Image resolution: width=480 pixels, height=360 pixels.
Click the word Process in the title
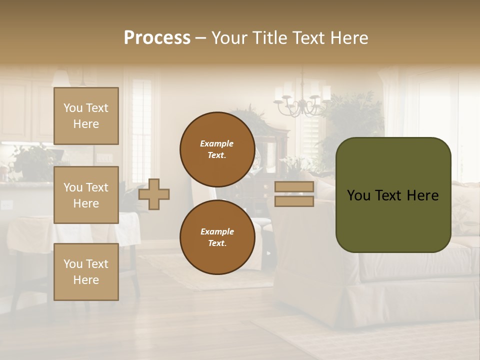coord(157,38)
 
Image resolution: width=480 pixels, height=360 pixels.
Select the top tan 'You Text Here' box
coord(86,116)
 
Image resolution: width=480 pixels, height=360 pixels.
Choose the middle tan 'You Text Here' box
coord(86,195)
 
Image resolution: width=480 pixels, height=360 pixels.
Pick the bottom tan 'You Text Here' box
coord(86,271)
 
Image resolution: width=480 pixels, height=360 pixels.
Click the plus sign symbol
coord(154,194)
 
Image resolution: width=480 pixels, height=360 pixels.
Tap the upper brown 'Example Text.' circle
coord(217,149)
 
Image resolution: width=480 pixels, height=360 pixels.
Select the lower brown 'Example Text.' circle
coord(217,237)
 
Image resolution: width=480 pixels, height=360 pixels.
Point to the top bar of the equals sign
coord(294,187)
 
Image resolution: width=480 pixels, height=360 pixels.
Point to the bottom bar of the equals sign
coord(294,201)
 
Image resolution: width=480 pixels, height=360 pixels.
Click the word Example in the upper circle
coord(217,143)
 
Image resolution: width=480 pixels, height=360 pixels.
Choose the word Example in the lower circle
coord(217,231)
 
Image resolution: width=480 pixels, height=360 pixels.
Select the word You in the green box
coord(359,195)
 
